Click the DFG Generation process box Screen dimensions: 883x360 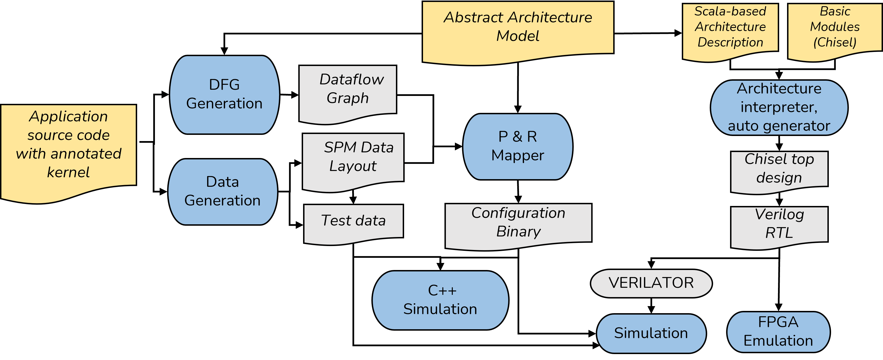(225, 95)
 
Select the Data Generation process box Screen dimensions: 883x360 (223, 192)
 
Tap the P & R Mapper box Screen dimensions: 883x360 (518, 147)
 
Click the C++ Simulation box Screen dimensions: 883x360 (441, 300)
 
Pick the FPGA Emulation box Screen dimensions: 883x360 (778, 332)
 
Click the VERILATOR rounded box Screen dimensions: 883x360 (651, 283)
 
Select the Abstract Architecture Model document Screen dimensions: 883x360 (518, 32)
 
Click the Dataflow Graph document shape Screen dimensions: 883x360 (348, 94)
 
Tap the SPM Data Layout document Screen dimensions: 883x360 (353, 162)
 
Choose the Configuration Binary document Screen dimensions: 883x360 (518, 227)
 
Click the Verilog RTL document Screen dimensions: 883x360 (779, 228)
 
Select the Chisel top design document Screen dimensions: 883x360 (779, 172)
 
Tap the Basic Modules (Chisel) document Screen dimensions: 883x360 (835, 32)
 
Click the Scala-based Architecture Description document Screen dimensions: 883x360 (730, 32)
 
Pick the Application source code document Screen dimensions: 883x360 (69, 153)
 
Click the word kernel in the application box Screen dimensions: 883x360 (68, 172)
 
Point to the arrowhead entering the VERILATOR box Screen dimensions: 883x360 (651, 265)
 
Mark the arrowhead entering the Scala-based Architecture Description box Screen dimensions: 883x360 (678, 33)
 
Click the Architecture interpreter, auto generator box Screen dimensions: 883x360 (779, 108)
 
